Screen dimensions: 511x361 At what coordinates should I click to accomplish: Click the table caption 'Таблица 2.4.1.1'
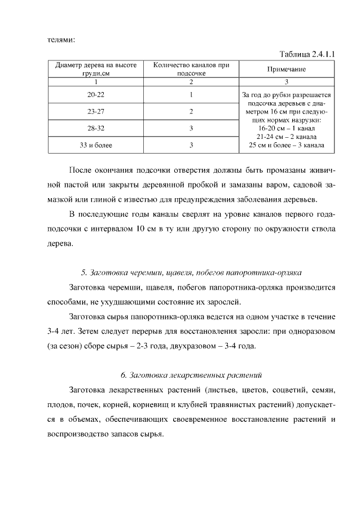(307, 54)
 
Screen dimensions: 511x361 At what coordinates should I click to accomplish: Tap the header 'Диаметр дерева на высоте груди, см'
(96, 69)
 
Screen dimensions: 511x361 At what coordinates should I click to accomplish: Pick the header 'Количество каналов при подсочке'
(191, 69)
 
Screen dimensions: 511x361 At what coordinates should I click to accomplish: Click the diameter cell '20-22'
(96, 94)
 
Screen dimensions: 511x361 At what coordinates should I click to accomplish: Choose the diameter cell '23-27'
(96, 111)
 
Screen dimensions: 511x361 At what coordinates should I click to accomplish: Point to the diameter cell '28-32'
(96, 128)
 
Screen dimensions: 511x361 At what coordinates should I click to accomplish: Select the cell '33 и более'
(96, 145)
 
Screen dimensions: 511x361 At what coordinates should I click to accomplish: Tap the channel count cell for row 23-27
(191, 111)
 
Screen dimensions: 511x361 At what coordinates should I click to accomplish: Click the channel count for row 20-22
(191, 94)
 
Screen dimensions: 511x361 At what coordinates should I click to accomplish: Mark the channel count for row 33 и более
(191, 145)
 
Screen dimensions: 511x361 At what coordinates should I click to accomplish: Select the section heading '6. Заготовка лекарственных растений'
(192, 375)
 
